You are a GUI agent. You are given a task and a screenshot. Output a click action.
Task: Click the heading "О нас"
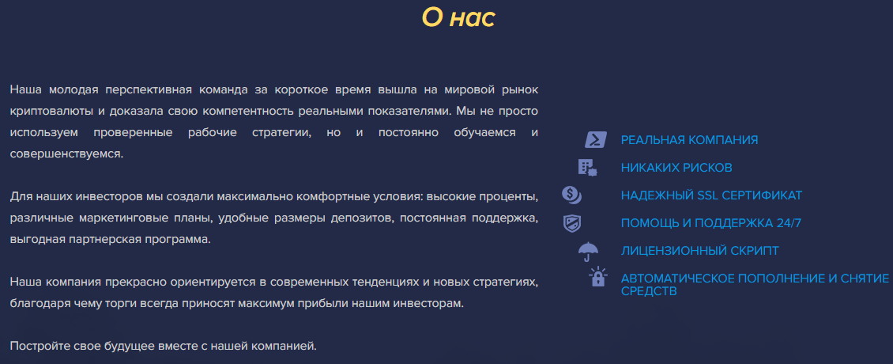coord(458,17)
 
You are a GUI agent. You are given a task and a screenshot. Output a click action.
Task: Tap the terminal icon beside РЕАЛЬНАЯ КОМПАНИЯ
coord(596,140)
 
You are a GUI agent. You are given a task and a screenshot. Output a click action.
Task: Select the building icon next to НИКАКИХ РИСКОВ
coord(587,167)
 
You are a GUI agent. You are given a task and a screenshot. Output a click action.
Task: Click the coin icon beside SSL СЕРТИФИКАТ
coord(572,195)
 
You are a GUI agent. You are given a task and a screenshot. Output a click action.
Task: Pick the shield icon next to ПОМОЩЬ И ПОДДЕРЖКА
coord(572,223)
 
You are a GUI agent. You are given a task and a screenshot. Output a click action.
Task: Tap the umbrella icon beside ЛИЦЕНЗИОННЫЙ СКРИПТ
coord(588,252)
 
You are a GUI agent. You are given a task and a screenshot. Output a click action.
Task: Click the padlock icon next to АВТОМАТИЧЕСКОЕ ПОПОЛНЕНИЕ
coord(598,277)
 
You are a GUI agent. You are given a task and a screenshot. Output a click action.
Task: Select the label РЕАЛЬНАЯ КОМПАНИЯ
coord(689,140)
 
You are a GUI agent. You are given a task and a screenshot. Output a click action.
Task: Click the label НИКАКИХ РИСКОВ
coord(676,168)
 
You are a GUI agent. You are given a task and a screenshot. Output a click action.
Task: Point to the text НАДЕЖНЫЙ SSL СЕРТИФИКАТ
coord(711,195)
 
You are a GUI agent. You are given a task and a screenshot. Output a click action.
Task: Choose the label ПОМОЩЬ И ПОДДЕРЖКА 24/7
coord(710,223)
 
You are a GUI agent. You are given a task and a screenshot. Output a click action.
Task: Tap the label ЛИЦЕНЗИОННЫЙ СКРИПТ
coord(700,251)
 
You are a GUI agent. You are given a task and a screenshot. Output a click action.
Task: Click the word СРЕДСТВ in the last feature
coord(649,291)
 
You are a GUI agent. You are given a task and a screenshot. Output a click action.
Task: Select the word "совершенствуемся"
coord(66,154)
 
